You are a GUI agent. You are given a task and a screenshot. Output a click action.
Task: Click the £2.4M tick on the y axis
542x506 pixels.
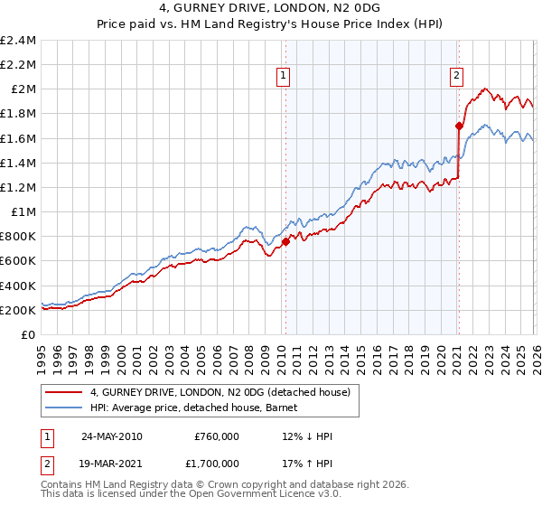coord(18,41)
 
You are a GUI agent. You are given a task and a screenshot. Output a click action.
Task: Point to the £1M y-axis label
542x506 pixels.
coord(23,212)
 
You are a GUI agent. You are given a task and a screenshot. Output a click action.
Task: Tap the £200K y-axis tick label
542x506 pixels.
coord(18,310)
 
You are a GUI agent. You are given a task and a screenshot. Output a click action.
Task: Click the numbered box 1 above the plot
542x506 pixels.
coord(284,77)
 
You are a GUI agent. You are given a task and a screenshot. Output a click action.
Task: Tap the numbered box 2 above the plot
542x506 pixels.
coord(457,77)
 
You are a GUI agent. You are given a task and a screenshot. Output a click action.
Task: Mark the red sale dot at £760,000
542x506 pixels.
coord(285,241)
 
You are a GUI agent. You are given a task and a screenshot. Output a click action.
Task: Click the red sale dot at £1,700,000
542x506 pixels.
coord(459,126)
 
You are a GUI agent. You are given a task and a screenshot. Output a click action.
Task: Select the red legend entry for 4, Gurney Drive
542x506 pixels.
coord(225,391)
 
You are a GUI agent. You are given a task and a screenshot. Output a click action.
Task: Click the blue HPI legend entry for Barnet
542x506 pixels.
coord(200,408)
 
